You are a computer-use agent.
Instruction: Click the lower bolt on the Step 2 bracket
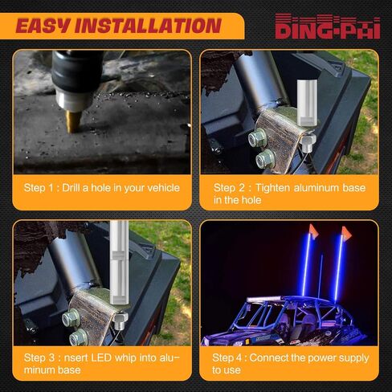tap(262, 160)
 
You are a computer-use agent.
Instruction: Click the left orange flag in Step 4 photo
tap(309, 236)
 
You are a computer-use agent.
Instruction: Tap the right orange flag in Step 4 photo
tap(346, 234)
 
